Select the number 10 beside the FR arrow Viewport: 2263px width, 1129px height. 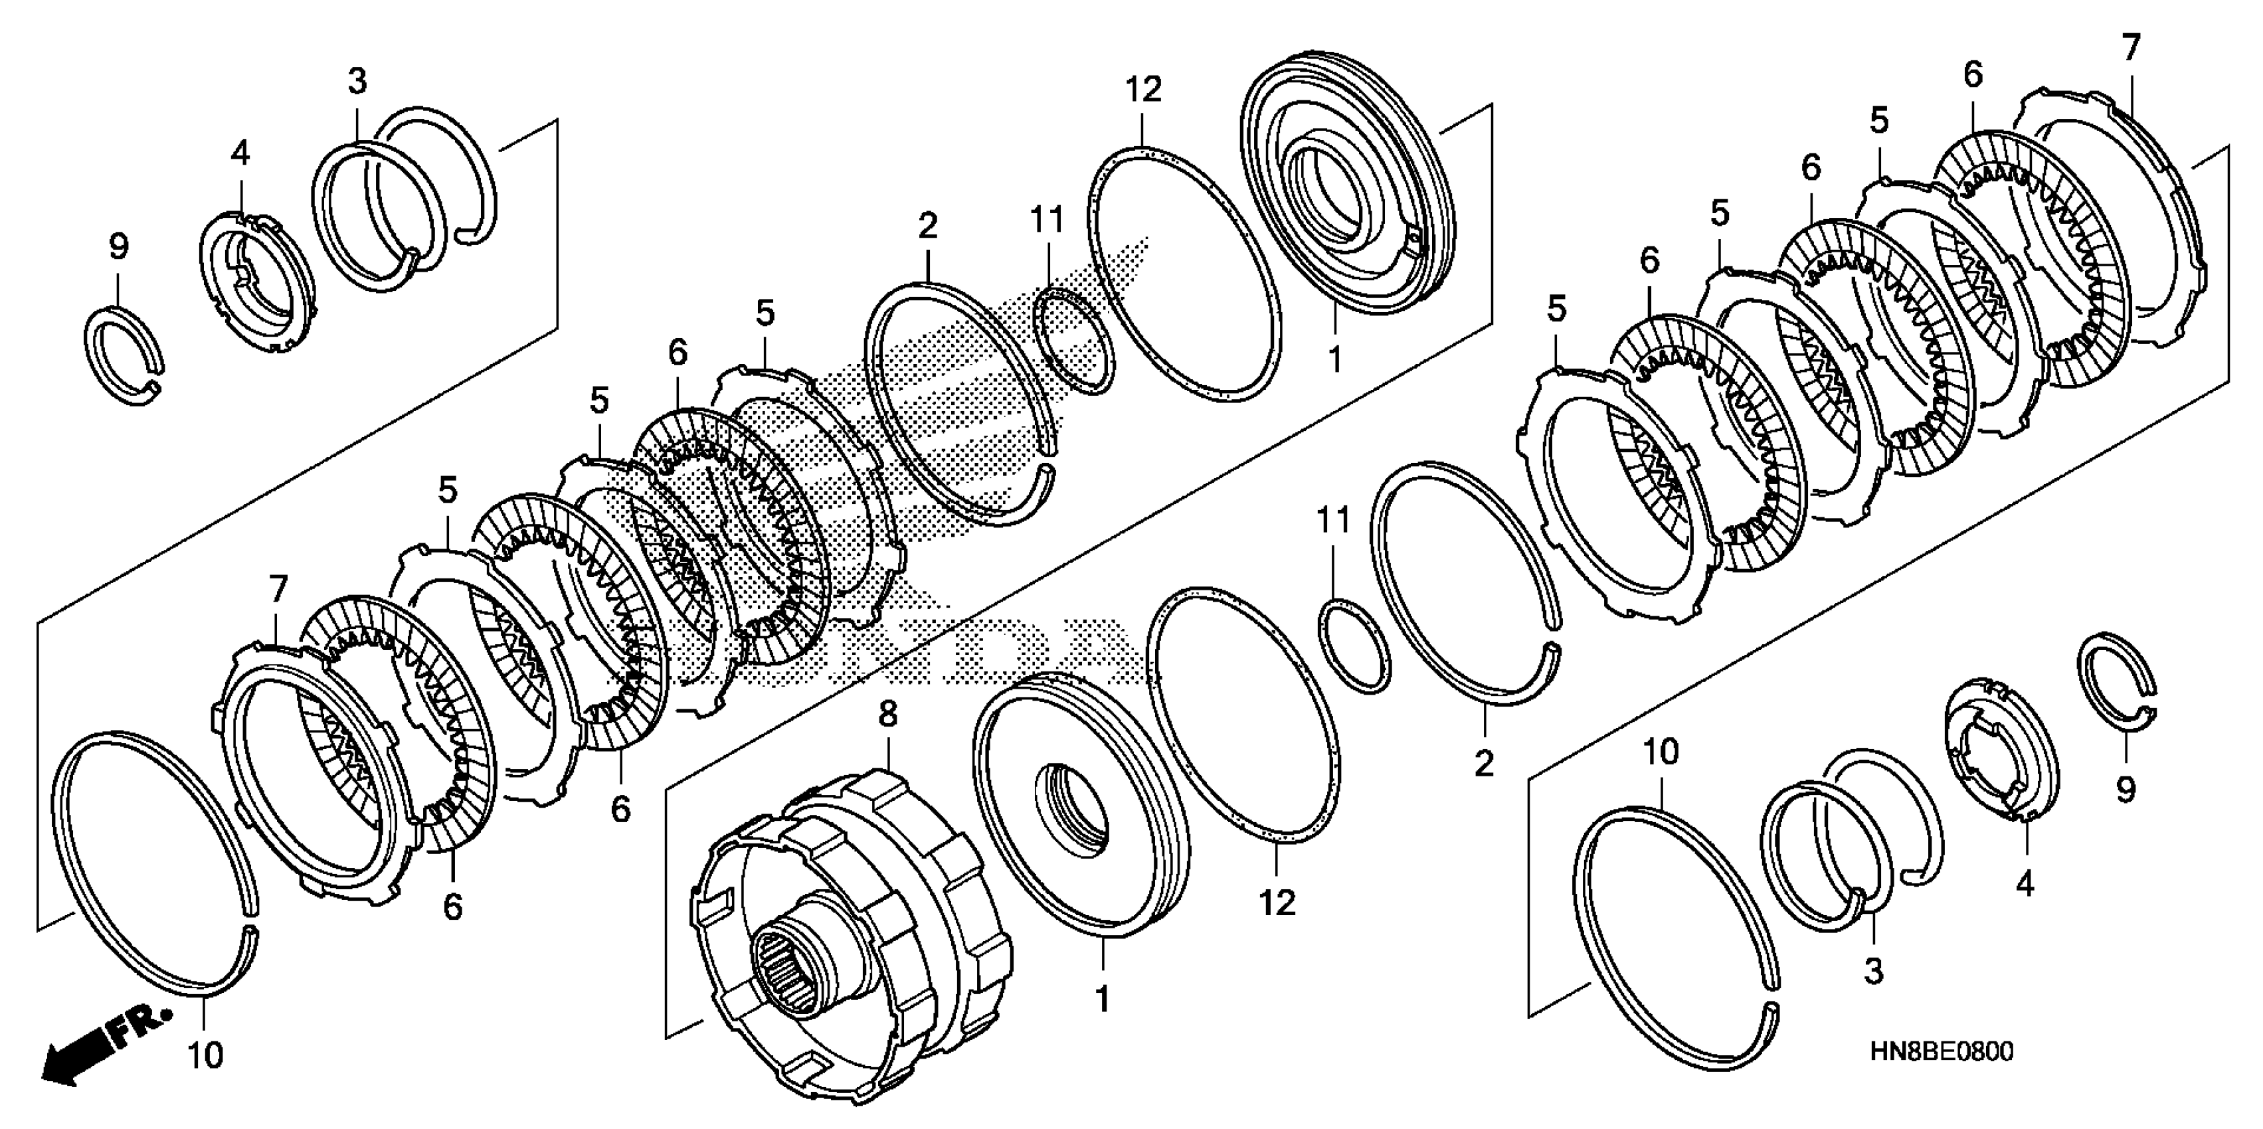pos(205,1055)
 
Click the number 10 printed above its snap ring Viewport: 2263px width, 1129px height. pos(1661,751)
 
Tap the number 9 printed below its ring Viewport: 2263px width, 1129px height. pos(2125,791)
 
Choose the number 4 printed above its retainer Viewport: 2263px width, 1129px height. pos(240,153)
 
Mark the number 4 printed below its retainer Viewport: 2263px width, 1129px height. pos(2025,884)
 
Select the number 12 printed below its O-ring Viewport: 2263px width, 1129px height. pos(1277,903)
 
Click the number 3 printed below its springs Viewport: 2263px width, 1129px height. pos(1874,970)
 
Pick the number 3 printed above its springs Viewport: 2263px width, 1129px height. pos(357,81)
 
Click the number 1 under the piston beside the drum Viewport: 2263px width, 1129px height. pos(1102,1000)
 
